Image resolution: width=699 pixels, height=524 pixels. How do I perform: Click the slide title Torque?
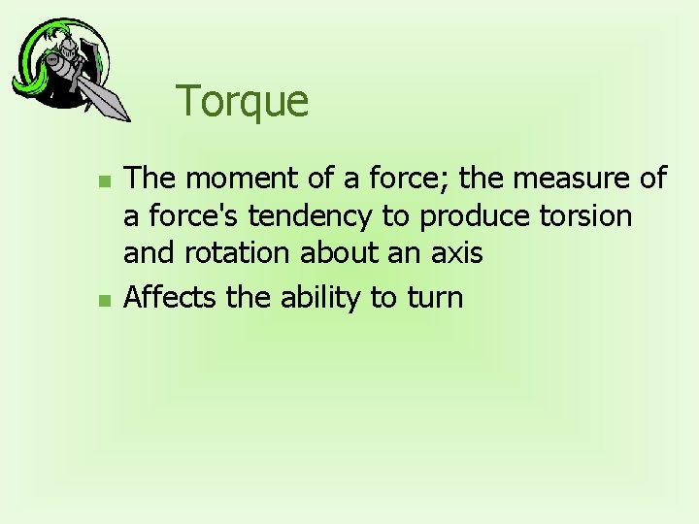[242, 102]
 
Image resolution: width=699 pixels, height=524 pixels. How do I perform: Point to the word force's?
[183, 215]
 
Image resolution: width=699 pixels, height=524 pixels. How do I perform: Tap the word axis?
[456, 253]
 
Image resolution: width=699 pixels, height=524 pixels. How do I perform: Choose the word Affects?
[172, 297]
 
